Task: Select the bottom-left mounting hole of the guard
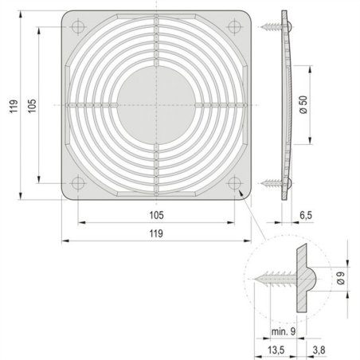click(77, 182)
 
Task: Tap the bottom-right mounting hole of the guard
click(233, 182)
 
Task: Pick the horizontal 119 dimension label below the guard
click(155, 233)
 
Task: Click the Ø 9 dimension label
click(341, 280)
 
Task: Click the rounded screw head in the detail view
click(313, 280)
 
